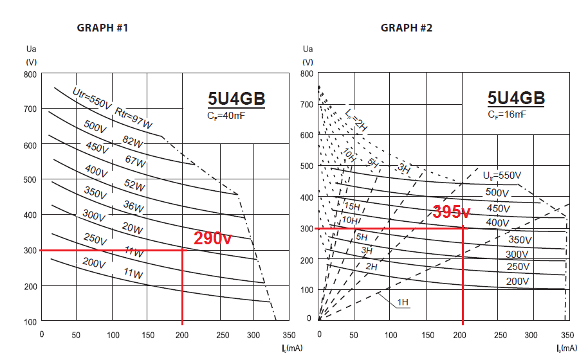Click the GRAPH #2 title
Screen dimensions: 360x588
coord(407,28)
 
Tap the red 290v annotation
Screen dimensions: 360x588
coord(212,238)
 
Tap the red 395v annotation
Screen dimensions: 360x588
coord(451,212)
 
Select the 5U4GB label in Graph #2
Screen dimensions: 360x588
coord(516,98)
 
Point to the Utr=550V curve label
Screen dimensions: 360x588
coord(91,98)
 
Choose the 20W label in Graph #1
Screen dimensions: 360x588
coord(132,228)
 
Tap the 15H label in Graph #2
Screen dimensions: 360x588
coord(352,206)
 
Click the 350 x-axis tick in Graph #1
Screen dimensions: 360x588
coord(288,335)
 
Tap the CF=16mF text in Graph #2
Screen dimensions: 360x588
coord(506,114)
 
